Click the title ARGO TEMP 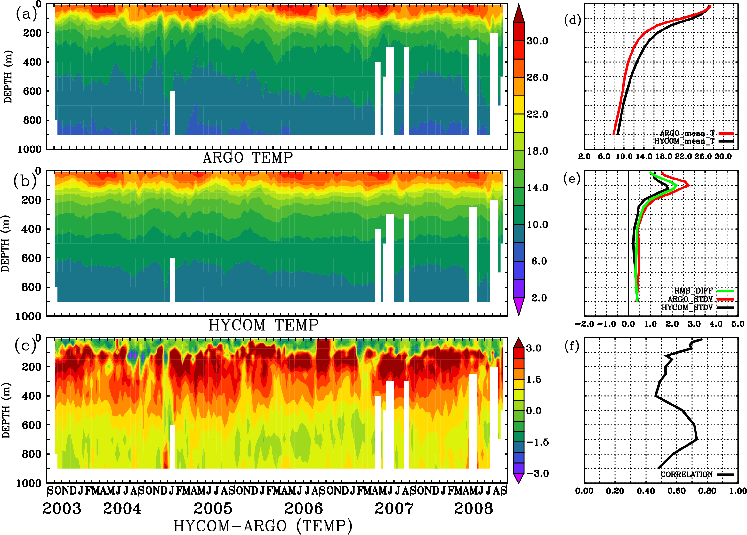247,158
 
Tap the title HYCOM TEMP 263,325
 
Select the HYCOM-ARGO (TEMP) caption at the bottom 263,526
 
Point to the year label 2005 213,509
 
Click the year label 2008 473,509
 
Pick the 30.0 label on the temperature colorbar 537,41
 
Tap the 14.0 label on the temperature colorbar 537,188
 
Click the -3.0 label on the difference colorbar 537,473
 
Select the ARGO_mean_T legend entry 687,133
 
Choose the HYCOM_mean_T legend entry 684,141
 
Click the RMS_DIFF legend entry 693,291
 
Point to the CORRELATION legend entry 687,475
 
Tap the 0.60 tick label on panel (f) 676,491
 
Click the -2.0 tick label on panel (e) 584,324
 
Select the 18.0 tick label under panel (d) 663,156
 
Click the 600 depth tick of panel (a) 32,91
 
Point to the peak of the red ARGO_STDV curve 689,186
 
